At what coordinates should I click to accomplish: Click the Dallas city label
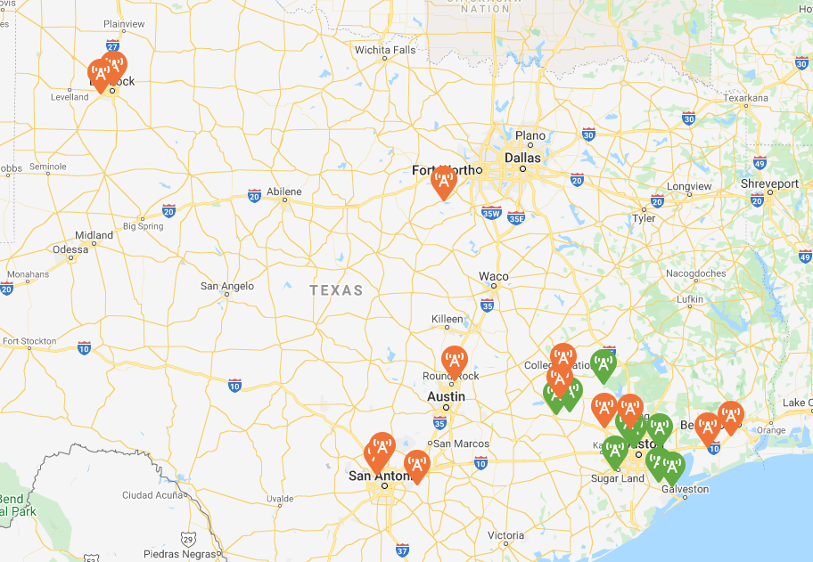522,157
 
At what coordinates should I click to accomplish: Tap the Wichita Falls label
385,50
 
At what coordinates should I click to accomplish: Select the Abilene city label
284,191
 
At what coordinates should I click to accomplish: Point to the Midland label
94,235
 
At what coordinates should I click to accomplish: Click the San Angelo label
226,286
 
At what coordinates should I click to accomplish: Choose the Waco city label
494,276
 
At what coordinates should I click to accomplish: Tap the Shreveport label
769,183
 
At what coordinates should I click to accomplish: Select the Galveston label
685,489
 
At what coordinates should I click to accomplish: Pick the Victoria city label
505,535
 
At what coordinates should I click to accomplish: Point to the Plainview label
124,24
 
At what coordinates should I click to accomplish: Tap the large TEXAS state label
336,290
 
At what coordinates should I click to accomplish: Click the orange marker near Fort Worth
443,182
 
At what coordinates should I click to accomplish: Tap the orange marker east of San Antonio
416,465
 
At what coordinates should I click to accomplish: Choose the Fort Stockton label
29,341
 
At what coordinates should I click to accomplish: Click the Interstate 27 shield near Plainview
112,44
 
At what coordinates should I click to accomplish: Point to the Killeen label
448,319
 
